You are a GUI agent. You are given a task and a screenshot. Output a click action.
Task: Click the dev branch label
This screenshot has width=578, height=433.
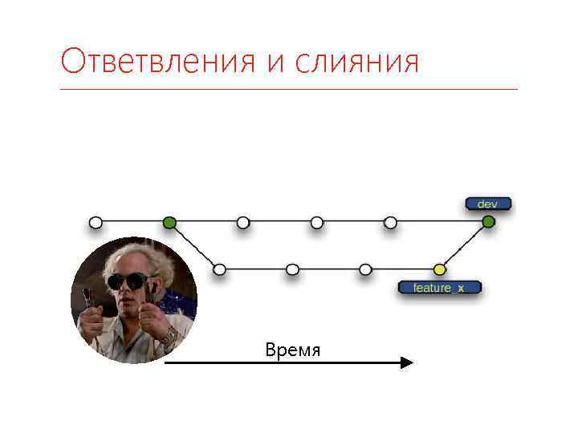(x=487, y=204)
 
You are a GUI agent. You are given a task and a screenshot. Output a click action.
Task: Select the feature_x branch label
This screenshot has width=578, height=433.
(x=439, y=286)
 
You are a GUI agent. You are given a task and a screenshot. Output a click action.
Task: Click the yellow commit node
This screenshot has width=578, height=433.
(x=439, y=269)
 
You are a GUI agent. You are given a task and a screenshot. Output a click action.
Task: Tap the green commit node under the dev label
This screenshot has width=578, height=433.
(x=488, y=221)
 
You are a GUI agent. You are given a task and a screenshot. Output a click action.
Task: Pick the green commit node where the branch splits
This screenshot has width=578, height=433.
(x=169, y=221)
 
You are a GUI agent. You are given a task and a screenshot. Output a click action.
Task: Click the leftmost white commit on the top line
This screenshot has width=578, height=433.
(x=96, y=221)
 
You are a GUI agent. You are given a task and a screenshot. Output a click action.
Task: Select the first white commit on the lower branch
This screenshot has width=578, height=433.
(x=219, y=269)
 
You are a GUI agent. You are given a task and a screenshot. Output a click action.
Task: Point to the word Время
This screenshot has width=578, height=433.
(x=292, y=350)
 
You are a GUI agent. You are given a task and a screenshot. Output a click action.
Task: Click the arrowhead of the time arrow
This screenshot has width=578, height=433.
(x=406, y=363)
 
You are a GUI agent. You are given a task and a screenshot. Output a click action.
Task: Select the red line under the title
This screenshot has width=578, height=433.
(x=289, y=89)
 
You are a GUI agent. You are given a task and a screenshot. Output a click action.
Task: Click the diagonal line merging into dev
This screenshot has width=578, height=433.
(x=464, y=245)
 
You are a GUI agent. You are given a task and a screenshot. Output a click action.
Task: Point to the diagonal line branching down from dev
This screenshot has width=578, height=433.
(x=193, y=245)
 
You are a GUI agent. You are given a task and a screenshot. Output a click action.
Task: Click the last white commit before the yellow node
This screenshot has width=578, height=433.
(x=365, y=269)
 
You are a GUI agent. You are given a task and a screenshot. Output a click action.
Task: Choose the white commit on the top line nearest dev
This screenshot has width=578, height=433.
(x=390, y=221)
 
